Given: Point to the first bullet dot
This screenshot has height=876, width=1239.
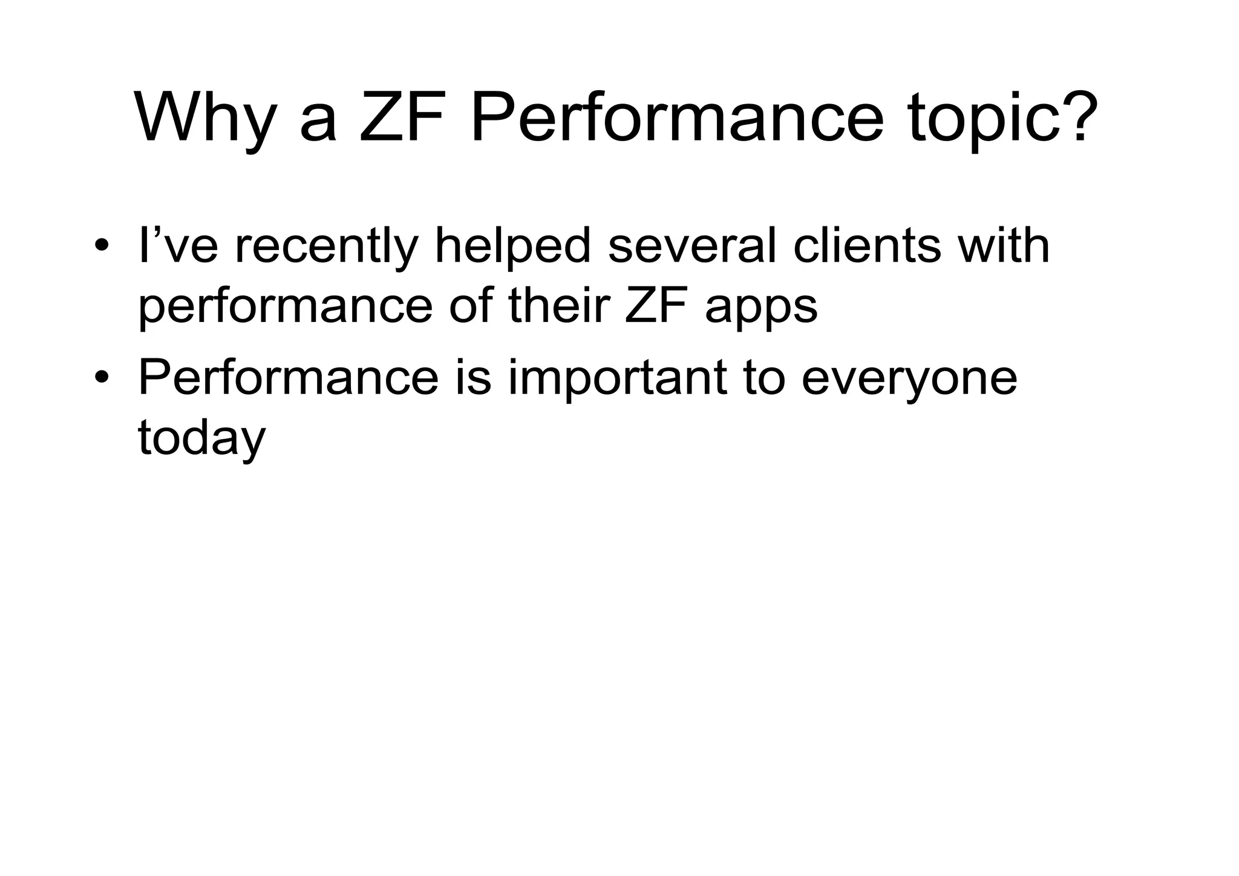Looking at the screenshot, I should pos(101,247).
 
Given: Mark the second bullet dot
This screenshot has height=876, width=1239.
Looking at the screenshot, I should pos(101,378).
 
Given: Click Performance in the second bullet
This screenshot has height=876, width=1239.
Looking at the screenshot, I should pos(288,378).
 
